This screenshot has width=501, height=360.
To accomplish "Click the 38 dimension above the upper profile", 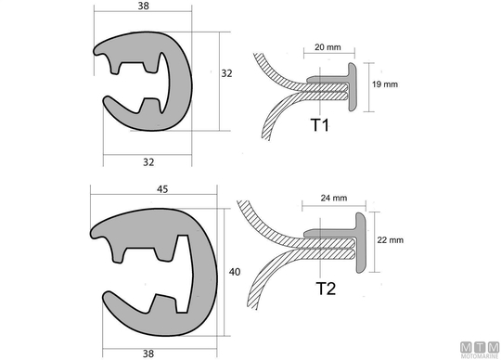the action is coord(144,6).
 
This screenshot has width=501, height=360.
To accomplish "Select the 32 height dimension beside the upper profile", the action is coord(226,73).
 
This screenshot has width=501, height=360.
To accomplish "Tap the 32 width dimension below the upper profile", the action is coord(148,162).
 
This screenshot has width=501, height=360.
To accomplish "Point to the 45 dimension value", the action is coord(162,189).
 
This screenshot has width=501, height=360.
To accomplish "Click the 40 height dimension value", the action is coord(235,272).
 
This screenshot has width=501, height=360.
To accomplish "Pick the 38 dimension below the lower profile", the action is coord(148,354).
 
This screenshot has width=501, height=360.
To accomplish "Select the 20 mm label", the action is coord(328,47).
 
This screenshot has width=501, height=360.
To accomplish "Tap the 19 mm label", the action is coord(385,84).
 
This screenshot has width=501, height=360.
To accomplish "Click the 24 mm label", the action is coord(334,198).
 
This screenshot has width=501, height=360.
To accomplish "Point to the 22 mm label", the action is coord(390,240).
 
